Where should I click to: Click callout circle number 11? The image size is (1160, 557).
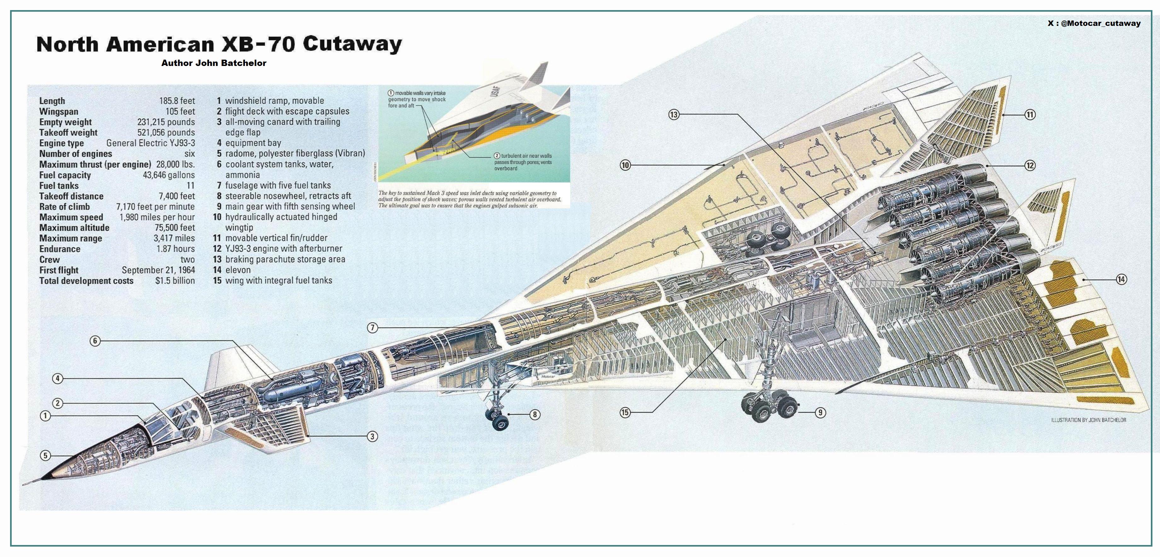click(1030, 115)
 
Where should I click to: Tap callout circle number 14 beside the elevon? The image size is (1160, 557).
click(1121, 279)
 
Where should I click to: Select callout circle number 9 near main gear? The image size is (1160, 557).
click(821, 412)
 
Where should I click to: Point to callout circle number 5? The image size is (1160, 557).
click(45, 456)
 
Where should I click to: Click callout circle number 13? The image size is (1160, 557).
click(674, 115)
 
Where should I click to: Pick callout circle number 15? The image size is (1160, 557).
click(625, 412)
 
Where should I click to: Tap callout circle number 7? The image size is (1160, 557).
click(372, 328)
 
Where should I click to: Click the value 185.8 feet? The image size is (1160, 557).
click(177, 101)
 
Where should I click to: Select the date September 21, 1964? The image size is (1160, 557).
click(158, 270)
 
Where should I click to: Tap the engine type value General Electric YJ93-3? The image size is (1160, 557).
click(150, 143)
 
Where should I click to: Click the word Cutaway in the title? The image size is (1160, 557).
click(352, 44)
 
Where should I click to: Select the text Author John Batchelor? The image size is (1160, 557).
click(213, 63)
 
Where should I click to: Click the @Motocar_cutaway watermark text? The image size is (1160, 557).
click(1100, 23)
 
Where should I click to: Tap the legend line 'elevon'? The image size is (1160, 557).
click(238, 270)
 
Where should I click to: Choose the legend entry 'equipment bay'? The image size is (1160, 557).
click(253, 143)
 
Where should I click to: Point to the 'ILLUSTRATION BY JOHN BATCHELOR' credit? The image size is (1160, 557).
click(1088, 420)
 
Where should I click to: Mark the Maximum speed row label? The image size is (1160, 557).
click(71, 217)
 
